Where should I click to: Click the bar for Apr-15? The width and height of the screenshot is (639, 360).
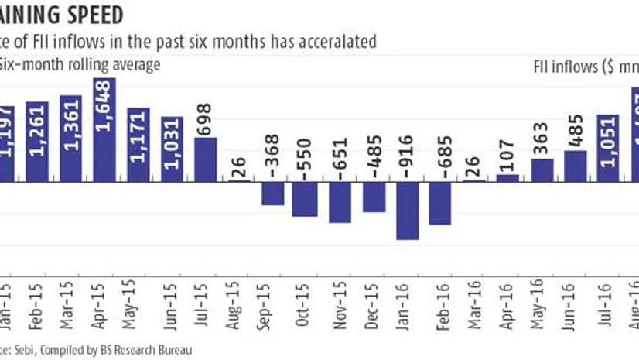[x=104, y=130]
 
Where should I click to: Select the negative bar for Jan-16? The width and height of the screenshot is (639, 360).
[x=407, y=211]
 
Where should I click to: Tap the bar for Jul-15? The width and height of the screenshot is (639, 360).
[x=206, y=160]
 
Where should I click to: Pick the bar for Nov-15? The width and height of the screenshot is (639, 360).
[x=340, y=202]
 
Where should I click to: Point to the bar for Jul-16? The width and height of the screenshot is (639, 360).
[x=608, y=149]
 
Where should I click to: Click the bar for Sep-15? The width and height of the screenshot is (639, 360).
[x=272, y=194]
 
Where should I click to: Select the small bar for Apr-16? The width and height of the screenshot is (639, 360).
[x=507, y=178]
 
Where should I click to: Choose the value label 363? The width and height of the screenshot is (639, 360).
[x=542, y=139]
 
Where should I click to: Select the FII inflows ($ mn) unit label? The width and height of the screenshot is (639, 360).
[x=588, y=67]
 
